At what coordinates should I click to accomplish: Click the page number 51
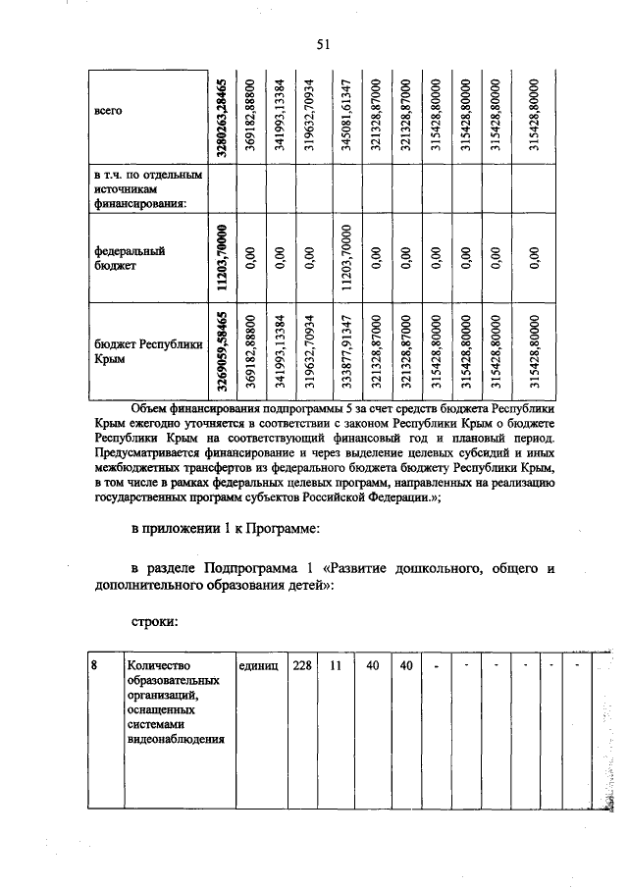[x=323, y=42]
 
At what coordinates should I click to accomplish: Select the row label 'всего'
[x=107, y=112]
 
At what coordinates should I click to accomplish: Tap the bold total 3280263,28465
[x=224, y=116]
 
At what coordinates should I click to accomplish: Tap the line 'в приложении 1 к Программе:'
[x=223, y=531]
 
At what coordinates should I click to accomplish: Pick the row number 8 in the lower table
[x=94, y=664]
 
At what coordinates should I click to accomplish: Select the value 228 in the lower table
[x=302, y=664]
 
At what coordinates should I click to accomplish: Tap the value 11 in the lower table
[x=336, y=664]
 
